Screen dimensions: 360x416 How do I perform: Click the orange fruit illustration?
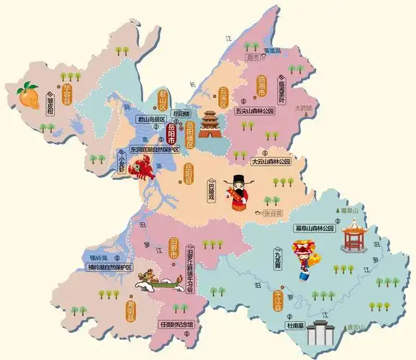(27, 95)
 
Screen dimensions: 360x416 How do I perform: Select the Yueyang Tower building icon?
(210, 123)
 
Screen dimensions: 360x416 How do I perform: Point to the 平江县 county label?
(278, 300)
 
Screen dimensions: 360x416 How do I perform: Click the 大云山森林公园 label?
(261, 162)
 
